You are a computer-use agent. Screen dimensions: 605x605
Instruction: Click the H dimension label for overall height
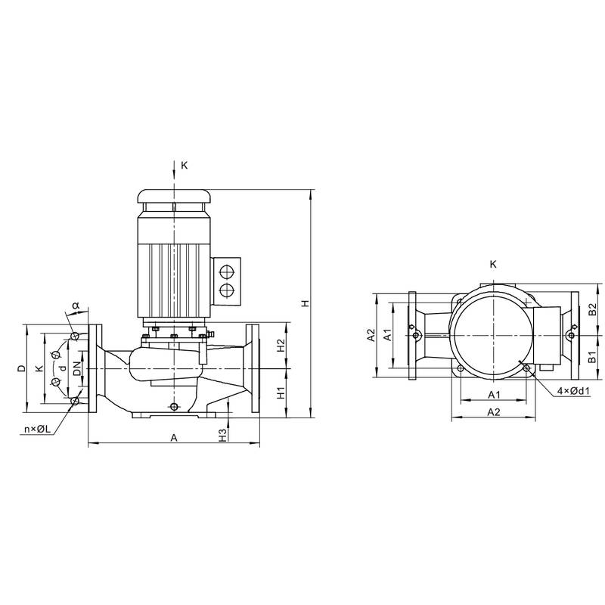pos(306,303)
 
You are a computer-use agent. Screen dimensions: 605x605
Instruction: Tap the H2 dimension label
pos(281,345)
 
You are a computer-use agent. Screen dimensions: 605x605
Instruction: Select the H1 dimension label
pos(281,393)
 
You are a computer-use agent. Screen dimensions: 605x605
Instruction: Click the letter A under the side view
pos(174,438)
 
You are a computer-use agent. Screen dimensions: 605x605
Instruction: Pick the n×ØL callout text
pos(37,429)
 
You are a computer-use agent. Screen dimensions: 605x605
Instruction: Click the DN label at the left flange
pos(77,368)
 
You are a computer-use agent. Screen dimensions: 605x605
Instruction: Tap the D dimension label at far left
pos(22,368)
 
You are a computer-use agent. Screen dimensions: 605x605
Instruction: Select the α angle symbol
pos(76,306)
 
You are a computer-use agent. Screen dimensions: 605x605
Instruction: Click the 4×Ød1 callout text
pos(574,391)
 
